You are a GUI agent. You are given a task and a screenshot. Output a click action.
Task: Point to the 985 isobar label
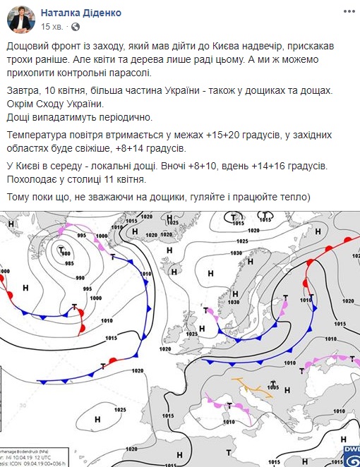(69, 263)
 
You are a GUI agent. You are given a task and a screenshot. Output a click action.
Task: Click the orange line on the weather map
(251, 387)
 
